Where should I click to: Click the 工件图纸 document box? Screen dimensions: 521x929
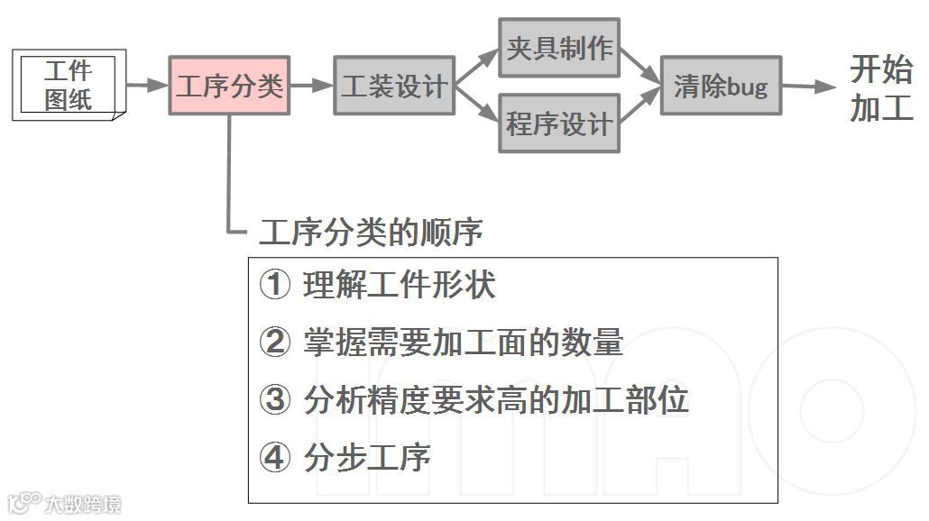click(69, 85)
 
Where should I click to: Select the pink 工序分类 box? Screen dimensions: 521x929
click(229, 86)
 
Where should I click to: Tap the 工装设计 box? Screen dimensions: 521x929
click(394, 86)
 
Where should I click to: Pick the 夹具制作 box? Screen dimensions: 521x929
click(559, 49)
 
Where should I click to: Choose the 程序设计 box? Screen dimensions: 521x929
click(559, 123)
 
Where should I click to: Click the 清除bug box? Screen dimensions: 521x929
click(721, 86)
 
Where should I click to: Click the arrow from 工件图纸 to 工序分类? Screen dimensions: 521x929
click(147, 86)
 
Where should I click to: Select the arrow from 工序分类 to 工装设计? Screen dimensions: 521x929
click(312, 86)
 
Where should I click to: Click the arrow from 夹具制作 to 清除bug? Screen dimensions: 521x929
click(641, 68)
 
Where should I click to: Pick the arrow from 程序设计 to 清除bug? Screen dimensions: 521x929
click(641, 105)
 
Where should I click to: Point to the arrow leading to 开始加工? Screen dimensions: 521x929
click(810, 87)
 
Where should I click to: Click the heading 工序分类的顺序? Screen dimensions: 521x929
click(371, 233)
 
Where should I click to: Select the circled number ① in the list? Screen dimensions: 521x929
click(274, 286)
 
